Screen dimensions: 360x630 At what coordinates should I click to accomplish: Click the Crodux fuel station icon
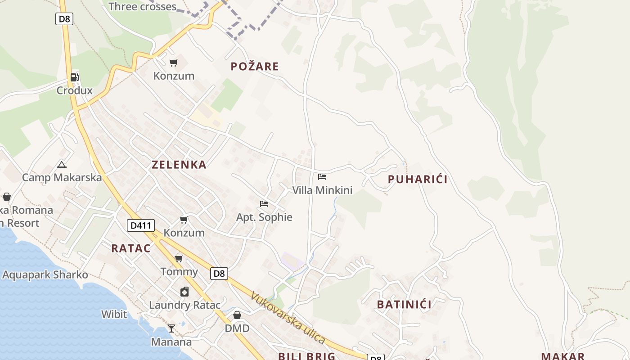tap(74, 77)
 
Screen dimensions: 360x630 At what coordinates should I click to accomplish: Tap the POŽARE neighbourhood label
tap(255, 67)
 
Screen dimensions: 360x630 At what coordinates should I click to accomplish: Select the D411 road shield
tap(141, 225)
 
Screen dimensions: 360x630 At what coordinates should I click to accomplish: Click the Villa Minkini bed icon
tap(322, 176)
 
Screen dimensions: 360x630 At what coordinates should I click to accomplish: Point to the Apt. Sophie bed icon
tap(264, 204)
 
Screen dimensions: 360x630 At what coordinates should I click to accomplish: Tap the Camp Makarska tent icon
tap(62, 165)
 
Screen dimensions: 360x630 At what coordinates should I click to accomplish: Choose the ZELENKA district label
tap(179, 165)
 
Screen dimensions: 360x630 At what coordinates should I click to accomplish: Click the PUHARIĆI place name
tap(418, 180)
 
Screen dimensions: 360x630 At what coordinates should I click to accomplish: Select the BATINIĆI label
tap(404, 305)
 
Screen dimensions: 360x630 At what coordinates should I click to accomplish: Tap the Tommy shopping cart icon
tap(179, 258)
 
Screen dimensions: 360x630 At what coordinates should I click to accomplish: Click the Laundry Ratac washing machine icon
tap(184, 292)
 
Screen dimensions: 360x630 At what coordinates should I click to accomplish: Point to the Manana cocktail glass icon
tap(171, 328)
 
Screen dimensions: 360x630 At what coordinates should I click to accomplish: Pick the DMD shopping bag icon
tap(237, 315)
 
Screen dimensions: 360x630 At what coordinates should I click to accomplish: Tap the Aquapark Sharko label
tap(45, 275)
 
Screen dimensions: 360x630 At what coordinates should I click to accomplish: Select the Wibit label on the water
tap(114, 314)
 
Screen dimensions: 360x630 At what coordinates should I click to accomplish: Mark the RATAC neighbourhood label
tap(131, 248)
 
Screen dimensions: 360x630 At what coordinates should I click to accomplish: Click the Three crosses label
tap(142, 7)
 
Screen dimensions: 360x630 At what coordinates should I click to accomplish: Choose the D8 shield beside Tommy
tap(219, 273)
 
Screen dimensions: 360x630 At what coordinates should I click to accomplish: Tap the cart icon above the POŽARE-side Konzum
tap(174, 63)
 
